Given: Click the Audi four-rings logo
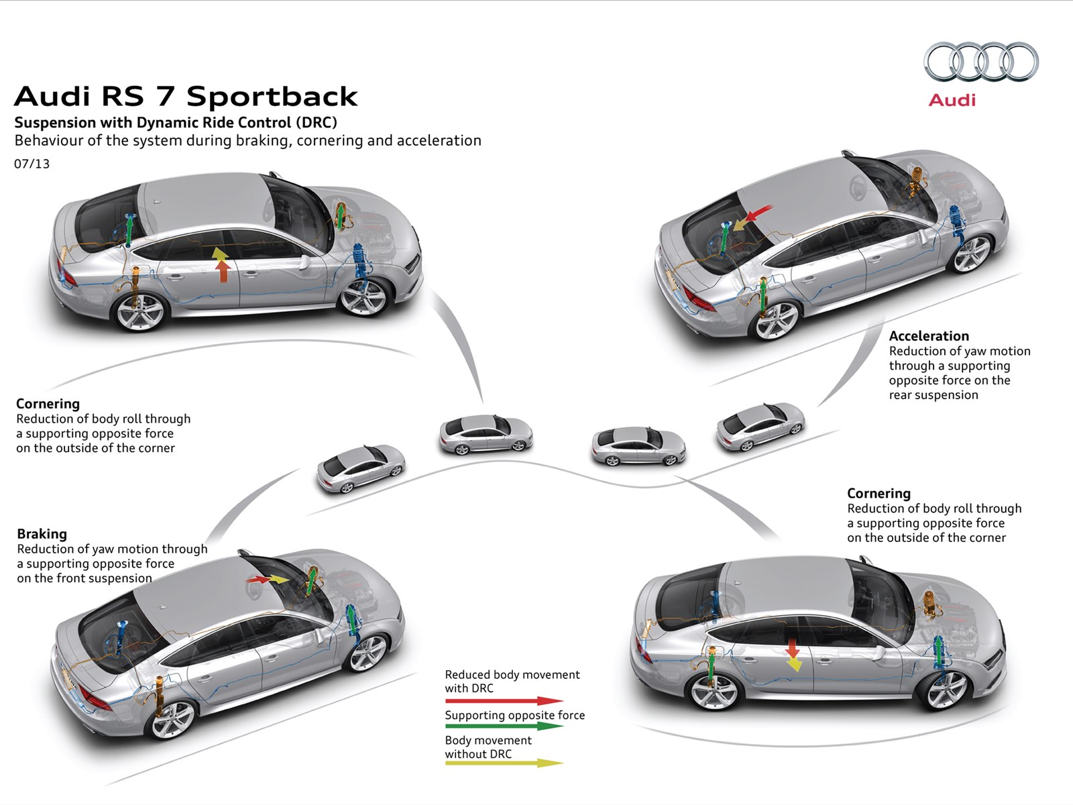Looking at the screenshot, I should click(x=980, y=62).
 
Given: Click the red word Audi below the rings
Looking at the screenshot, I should click(x=952, y=100).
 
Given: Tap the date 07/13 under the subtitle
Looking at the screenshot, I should click(x=32, y=164).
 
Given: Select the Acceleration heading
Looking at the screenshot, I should click(x=929, y=336).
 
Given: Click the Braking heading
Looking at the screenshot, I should click(x=42, y=534).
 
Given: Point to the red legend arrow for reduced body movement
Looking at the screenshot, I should click(x=504, y=701).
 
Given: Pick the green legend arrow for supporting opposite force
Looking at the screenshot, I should click(x=504, y=726).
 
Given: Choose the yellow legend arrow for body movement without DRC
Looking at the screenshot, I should click(x=504, y=763).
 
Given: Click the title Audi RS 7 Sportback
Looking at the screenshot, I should click(x=186, y=97).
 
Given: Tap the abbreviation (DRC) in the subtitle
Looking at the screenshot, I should click(x=316, y=123).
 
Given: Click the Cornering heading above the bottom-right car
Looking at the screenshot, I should click(x=879, y=493).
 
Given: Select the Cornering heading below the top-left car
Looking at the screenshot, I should click(x=48, y=404).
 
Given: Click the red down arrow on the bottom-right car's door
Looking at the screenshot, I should click(x=793, y=648).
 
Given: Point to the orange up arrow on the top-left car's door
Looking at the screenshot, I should click(x=222, y=270).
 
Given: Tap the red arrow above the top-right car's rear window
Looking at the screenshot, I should click(x=758, y=214).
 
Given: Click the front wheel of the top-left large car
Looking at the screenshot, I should click(x=365, y=297).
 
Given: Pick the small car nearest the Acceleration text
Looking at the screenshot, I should click(x=760, y=426).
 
